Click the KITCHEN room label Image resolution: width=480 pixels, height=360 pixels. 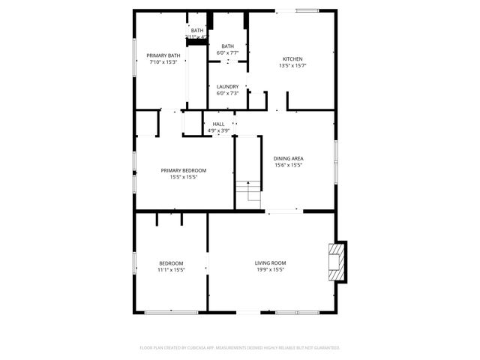[292, 59]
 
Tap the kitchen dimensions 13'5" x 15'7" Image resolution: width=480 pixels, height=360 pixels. [292, 66]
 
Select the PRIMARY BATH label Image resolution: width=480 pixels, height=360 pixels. [163, 55]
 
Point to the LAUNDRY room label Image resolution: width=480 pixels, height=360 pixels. [227, 86]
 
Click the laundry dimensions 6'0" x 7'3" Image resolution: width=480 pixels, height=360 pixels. [227, 93]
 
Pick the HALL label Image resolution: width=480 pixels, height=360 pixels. [218, 124]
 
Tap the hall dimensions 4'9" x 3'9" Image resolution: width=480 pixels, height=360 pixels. [218, 131]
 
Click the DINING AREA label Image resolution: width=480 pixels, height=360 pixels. [287, 159]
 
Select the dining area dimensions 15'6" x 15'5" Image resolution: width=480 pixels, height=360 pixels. [287, 166]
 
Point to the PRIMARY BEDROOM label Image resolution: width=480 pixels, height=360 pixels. [184, 170]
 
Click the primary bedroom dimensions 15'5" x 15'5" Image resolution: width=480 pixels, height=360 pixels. [184, 177]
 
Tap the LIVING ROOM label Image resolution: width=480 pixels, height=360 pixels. [270, 262]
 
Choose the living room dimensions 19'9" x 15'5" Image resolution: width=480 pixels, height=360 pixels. [270, 269]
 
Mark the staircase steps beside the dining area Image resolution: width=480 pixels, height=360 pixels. [248, 194]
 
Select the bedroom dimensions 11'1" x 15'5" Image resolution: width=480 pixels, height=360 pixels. [171, 269]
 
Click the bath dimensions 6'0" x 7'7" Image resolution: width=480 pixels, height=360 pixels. [227, 53]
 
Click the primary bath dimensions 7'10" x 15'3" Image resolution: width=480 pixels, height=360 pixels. [163, 62]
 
